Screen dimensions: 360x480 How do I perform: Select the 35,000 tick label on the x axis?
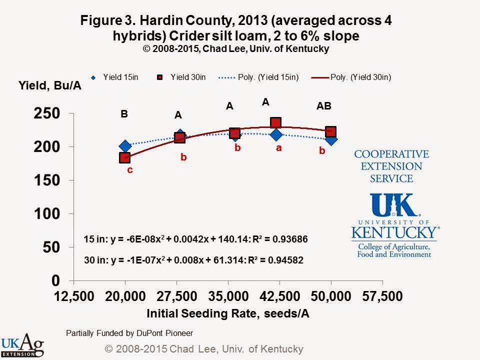(x=228, y=296)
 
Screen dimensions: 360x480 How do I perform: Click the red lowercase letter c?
(x=129, y=170)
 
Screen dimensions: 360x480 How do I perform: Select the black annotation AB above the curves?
(x=323, y=106)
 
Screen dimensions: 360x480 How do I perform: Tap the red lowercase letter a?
(x=279, y=148)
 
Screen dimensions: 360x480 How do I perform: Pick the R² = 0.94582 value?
(x=276, y=260)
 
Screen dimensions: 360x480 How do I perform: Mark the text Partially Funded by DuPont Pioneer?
(x=129, y=332)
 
